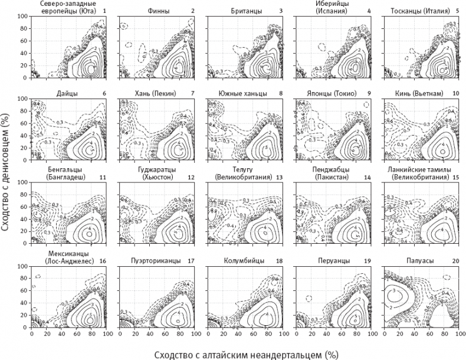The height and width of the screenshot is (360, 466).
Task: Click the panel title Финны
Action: coord(145,11)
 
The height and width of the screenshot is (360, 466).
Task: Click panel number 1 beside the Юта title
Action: coord(104,11)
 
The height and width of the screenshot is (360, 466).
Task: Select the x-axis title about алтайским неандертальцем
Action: coord(246,354)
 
